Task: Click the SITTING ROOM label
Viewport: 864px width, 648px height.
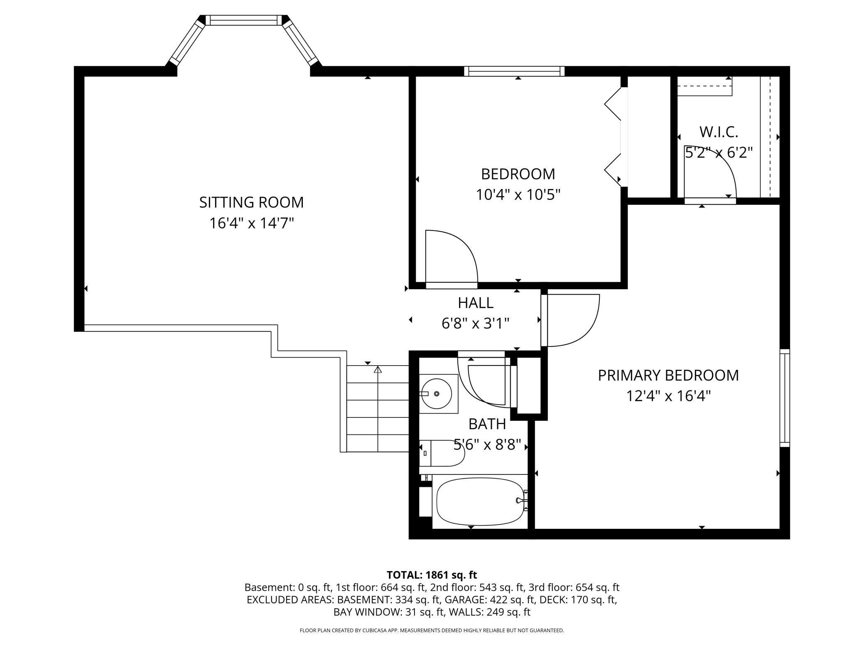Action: (x=251, y=202)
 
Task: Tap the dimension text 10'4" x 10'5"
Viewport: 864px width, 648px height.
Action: (x=518, y=194)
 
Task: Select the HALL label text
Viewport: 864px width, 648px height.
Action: (x=475, y=303)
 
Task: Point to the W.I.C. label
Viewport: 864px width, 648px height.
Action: (x=719, y=132)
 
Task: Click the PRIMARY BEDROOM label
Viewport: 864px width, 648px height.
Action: (x=668, y=375)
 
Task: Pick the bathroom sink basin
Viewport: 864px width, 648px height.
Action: (x=437, y=393)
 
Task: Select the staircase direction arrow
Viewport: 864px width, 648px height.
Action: (x=378, y=370)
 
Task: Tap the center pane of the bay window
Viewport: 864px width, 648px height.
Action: (x=243, y=20)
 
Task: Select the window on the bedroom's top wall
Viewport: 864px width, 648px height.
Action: (x=514, y=71)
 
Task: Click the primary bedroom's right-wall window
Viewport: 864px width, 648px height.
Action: (x=784, y=398)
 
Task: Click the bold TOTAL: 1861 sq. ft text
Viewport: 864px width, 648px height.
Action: (x=432, y=575)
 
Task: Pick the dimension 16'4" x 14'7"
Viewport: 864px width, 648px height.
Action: (x=251, y=223)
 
